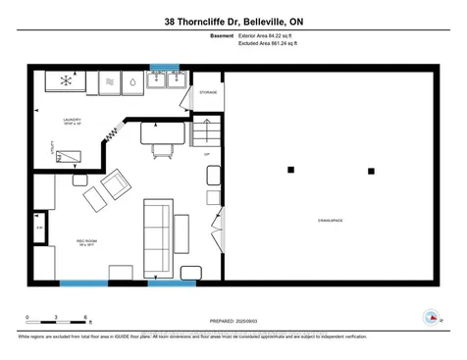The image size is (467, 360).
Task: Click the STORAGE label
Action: click(207, 92)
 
